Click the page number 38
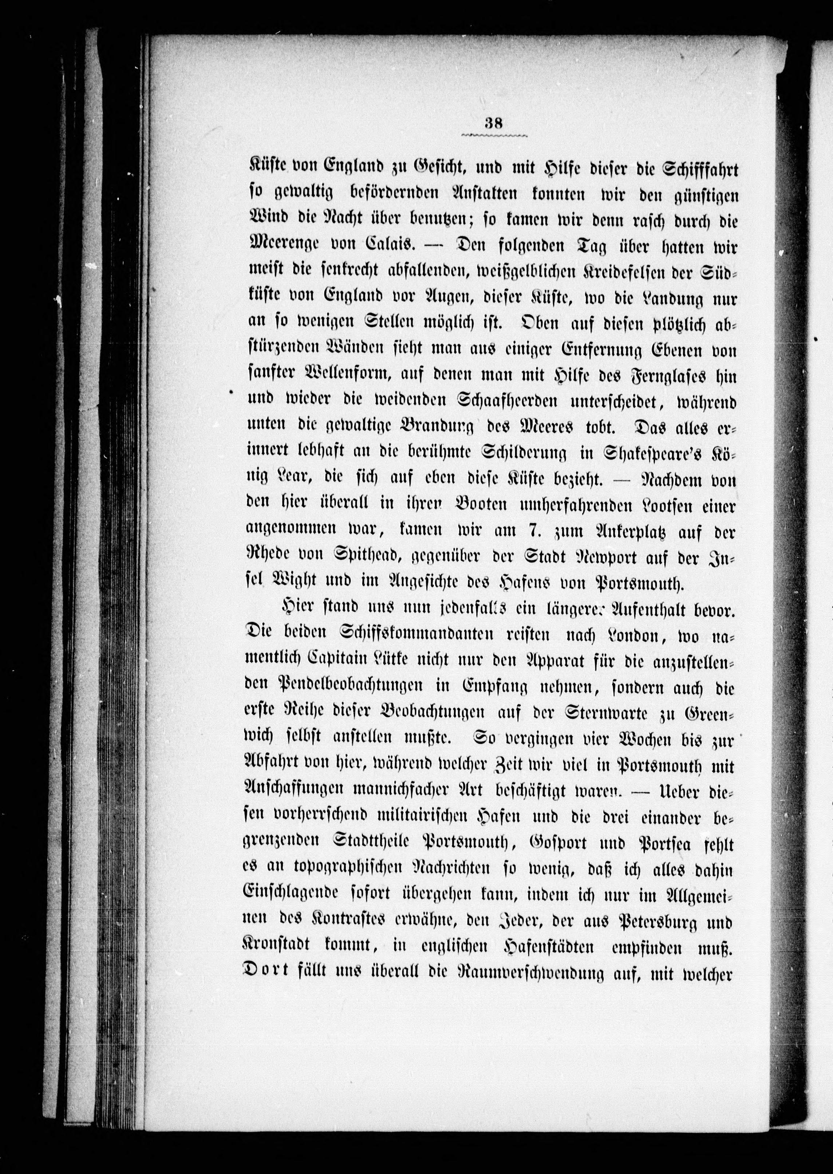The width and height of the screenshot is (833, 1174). click(494, 123)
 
